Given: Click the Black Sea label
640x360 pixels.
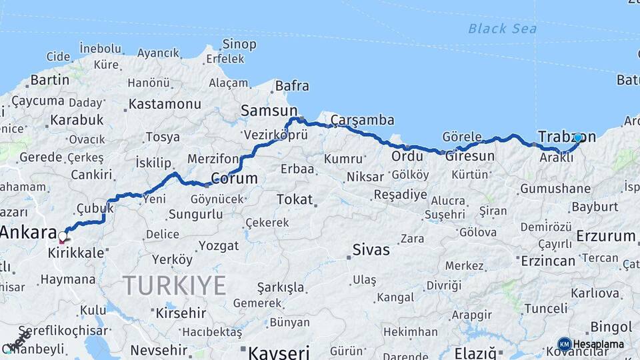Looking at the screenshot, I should coord(502,28).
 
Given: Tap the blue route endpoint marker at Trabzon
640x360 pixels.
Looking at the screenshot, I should coord(578,138).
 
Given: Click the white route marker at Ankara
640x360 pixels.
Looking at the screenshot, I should coord(63,236).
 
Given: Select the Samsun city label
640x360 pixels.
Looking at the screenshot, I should coord(269,111).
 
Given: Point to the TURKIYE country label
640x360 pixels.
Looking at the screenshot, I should coord(175,286).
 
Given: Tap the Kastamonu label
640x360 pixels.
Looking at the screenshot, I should coord(164,104).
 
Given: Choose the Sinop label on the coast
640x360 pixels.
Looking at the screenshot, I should coord(239,45).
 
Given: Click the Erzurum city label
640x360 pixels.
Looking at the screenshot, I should coord(606,236).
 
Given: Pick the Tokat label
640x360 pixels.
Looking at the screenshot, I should coord(295,199).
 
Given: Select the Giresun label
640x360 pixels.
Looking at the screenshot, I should coord(469,156).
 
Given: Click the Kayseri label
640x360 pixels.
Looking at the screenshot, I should coord(279,351).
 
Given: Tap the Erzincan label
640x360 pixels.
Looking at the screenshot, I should coord(547,260).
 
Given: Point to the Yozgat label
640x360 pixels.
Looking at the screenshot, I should coord(219,246).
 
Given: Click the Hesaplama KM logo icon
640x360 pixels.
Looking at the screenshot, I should coord(565,345).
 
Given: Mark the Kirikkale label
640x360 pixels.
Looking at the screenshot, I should coord(75,253).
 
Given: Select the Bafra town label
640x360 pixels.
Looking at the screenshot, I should coord(292,86).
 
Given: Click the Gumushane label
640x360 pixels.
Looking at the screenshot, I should coord(555,189).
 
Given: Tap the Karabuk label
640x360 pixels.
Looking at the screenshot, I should coord(77,120).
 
